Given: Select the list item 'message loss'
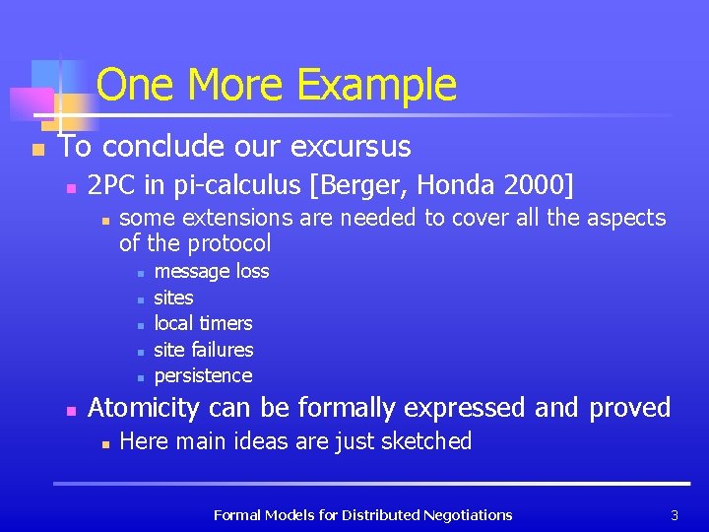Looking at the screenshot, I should click(212, 271).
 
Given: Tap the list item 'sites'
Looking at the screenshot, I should click(174, 298).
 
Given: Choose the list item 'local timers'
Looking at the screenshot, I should click(203, 323).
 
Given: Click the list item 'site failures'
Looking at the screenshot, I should click(204, 350).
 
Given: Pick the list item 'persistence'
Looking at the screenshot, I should click(203, 375).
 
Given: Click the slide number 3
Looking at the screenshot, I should click(675, 514).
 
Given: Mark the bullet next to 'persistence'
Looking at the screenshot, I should click(141, 376).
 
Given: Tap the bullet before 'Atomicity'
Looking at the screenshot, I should click(67, 410).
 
